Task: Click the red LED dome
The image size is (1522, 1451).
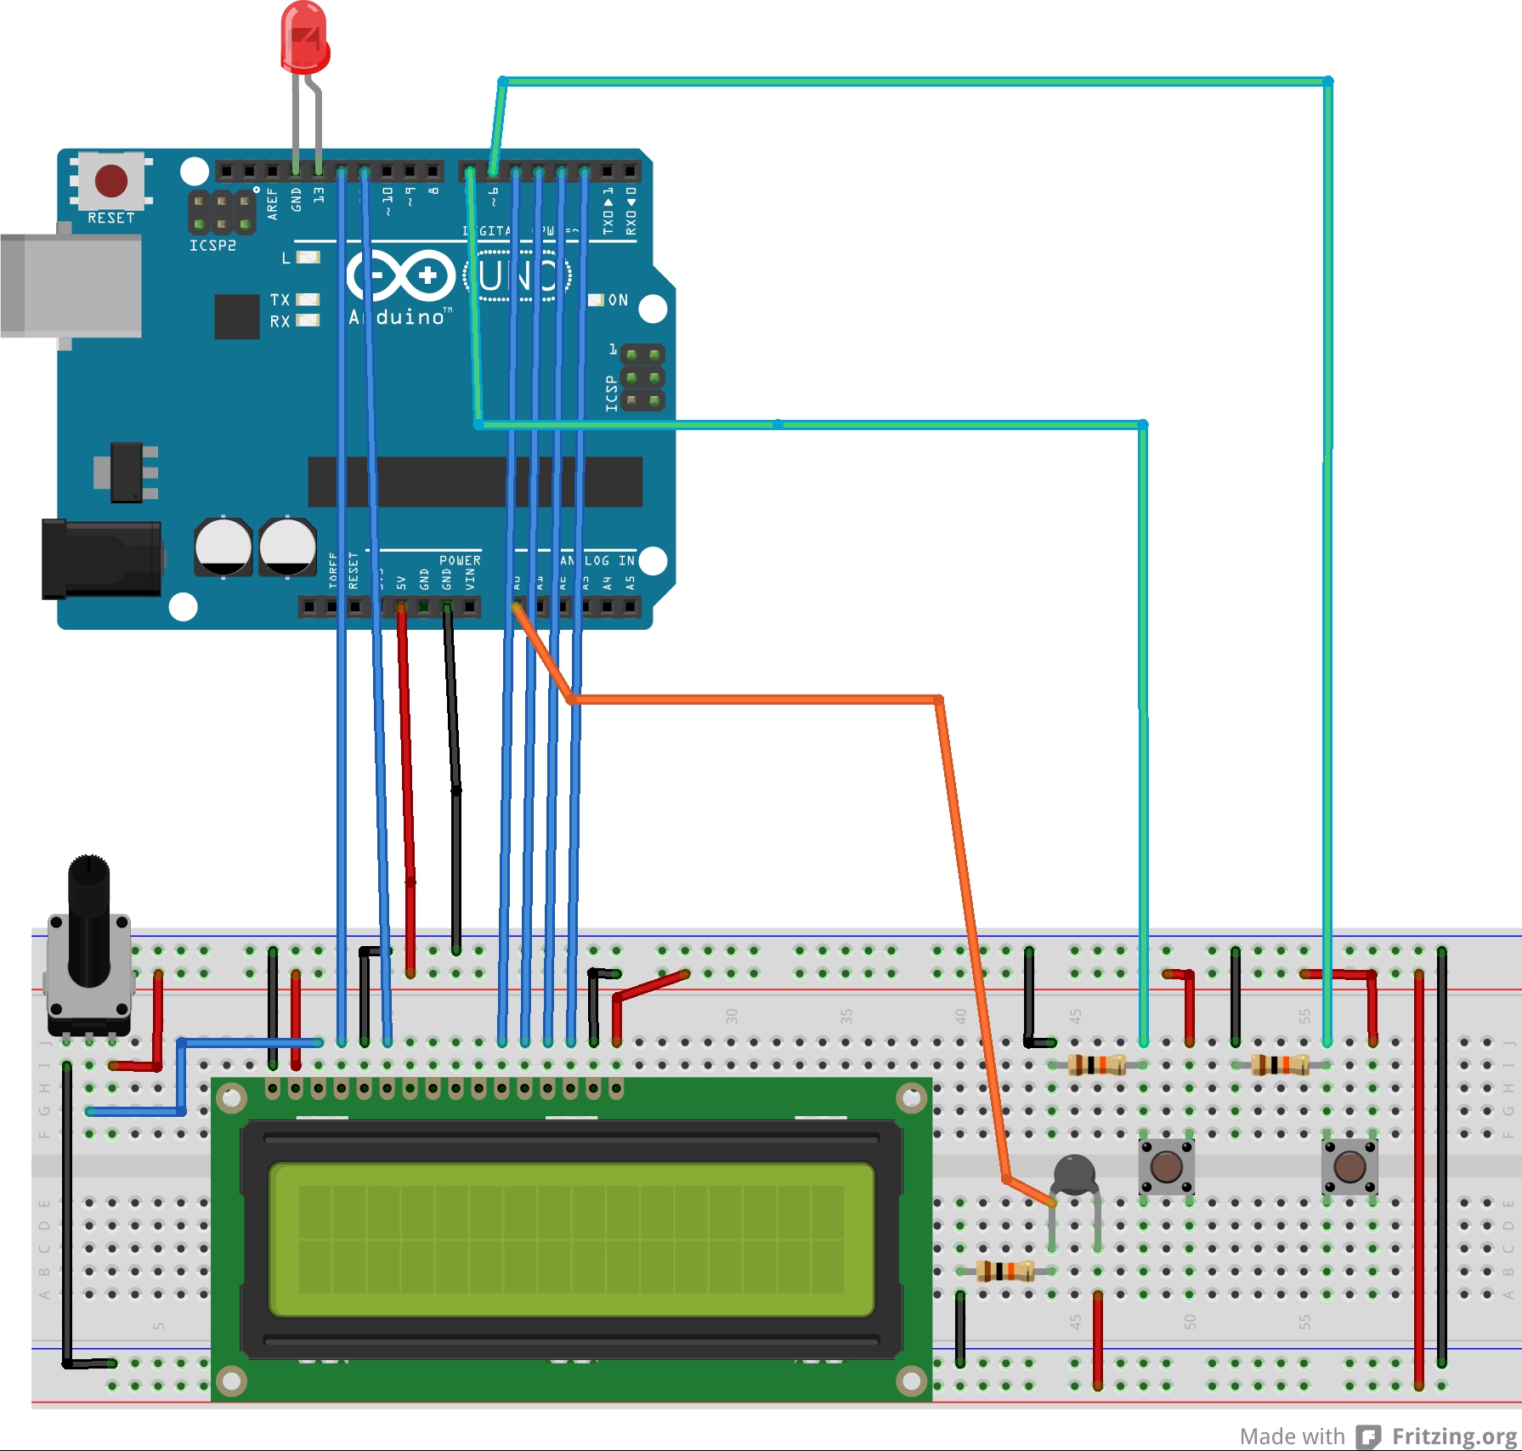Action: pyautogui.click(x=304, y=38)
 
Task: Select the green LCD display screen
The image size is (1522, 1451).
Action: pyautogui.click(x=571, y=1239)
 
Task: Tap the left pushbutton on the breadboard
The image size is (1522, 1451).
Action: pyautogui.click(x=1166, y=1166)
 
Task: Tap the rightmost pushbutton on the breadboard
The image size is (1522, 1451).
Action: pyautogui.click(x=1349, y=1166)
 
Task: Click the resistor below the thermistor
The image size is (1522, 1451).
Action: pyautogui.click(x=1004, y=1272)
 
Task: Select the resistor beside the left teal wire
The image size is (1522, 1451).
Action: pyautogui.click(x=1096, y=1064)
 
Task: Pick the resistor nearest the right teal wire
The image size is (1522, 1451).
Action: pyautogui.click(x=1280, y=1064)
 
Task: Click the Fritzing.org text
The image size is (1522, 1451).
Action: pyautogui.click(x=1455, y=1436)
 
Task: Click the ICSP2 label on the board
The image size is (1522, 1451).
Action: pyautogui.click(x=212, y=246)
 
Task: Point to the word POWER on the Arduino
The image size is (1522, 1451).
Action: pyautogui.click(x=460, y=561)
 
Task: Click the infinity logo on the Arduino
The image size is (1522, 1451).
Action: pyautogui.click(x=401, y=275)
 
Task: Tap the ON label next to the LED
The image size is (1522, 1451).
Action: pyautogui.click(x=618, y=300)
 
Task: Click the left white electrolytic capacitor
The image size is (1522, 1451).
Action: pyautogui.click(x=223, y=547)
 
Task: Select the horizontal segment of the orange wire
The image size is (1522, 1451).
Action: pyautogui.click(x=756, y=700)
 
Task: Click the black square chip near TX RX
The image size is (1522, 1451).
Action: pyautogui.click(x=236, y=316)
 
